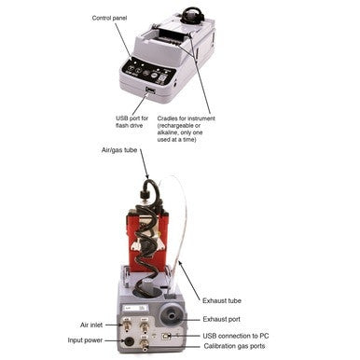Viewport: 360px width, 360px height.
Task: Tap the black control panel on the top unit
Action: click(147, 72)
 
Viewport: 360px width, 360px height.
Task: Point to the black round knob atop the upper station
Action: click(194, 14)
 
